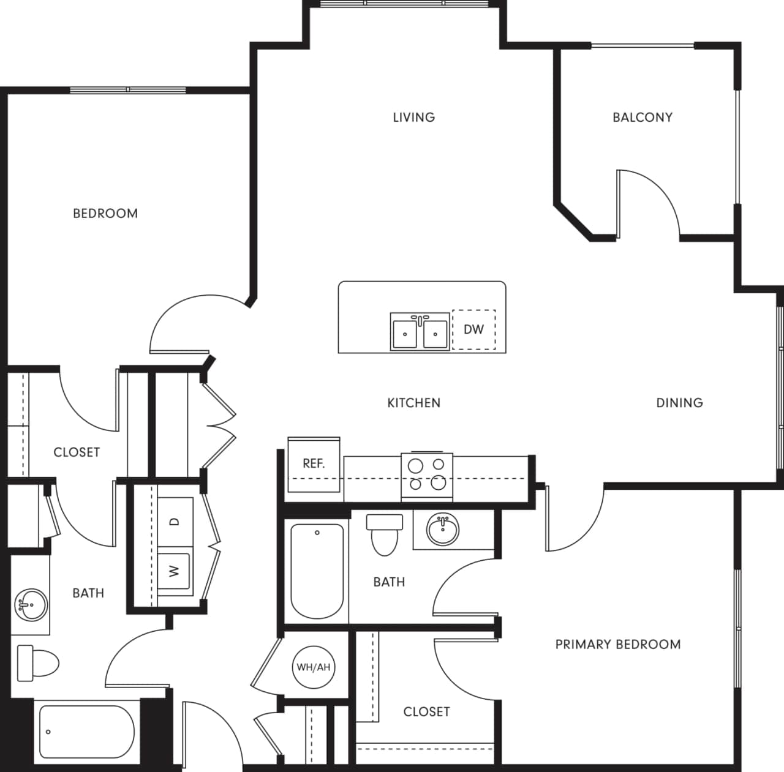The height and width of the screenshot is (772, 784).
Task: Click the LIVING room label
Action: click(413, 117)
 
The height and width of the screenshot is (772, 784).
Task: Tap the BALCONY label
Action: click(642, 117)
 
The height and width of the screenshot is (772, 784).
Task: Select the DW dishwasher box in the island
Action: click(473, 329)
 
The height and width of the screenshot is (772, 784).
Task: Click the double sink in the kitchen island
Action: click(420, 332)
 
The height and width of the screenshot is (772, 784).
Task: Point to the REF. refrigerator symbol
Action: click(314, 464)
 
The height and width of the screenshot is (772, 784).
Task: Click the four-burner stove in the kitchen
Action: click(427, 476)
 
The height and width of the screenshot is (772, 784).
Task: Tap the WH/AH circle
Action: click(313, 667)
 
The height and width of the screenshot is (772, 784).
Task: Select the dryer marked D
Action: click(175, 522)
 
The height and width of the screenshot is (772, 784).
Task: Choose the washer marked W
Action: click(174, 571)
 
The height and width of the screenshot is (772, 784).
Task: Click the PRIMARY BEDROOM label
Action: click(617, 644)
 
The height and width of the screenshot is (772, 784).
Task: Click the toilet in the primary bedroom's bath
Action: click(384, 534)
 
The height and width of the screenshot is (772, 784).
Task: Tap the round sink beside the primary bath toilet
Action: click(442, 530)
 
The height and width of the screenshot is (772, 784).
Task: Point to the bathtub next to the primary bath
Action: click(317, 571)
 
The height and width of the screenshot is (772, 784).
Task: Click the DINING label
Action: click(679, 403)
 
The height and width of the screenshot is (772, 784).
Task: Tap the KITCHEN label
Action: click(413, 403)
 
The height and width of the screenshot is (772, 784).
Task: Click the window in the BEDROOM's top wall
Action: click(127, 90)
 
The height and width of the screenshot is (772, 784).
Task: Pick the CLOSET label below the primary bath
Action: click(426, 711)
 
